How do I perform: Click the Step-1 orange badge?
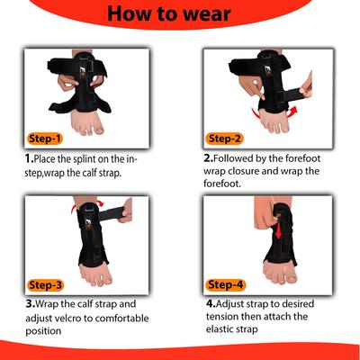click(45, 139)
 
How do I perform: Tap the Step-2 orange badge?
click(224, 139)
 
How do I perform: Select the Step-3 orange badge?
click(45, 285)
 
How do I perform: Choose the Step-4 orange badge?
click(225, 284)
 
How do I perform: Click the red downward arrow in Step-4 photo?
click(278, 230)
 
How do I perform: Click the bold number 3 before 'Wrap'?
click(31, 304)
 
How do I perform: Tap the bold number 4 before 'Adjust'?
click(211, 304)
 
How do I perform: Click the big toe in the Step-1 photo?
click(98, 129)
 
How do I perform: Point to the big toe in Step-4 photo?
click(291, 277)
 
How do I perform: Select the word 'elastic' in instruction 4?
click(220, 329)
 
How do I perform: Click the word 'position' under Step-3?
click(43, 331)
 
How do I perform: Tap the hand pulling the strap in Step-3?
click(126, 211)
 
